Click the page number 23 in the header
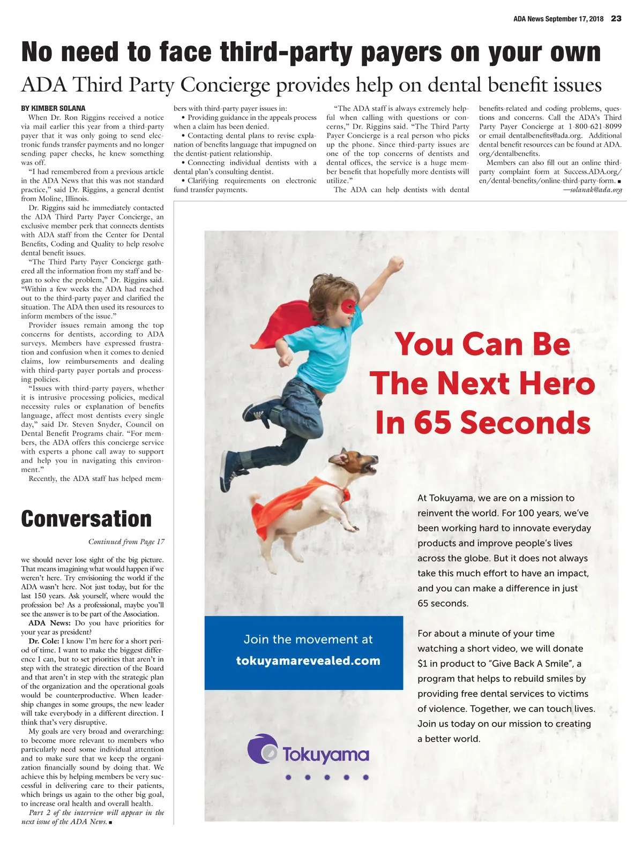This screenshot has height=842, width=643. (x=616, y=19)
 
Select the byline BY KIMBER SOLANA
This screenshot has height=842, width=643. (x=53, y=108)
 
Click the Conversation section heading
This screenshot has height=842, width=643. (x=86, y=519)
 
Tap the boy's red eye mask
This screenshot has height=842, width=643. (x=348, y=307)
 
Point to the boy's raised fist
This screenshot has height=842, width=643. (x=396, y=264)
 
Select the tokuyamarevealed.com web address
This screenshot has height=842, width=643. (x=308, y=661)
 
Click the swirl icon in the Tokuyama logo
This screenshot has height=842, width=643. (x=263, y=749)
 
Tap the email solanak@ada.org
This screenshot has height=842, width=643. (x=596, y=190)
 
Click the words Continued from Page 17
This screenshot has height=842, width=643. (x=126, y=542)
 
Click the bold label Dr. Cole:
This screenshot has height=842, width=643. (x=44, y=641)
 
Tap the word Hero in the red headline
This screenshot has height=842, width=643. (x=557, y=384)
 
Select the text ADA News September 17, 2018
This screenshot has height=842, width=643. (x=558, y=19)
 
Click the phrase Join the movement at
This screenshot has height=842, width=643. (x=308, y=639)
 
